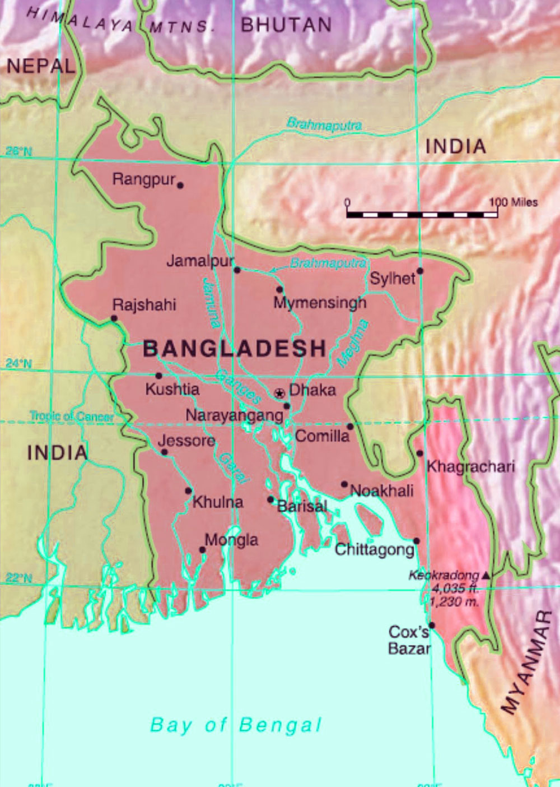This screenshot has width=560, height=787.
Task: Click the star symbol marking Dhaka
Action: (x=279, y=393)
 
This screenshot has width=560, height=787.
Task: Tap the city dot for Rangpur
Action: (x=180, y=184)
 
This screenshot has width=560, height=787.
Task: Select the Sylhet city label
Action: (x=393, y=278)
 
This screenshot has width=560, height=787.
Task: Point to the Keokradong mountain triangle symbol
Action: (x=486, y=575)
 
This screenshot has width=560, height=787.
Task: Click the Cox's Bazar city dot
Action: (x=431, y=626)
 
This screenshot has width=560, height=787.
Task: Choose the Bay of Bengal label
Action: (x=236, y=725)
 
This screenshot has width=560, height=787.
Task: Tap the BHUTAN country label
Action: (x=286, y=25)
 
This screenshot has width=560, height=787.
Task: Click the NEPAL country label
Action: (x=41, y=66)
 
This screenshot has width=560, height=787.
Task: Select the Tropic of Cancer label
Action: (x=72, y=416)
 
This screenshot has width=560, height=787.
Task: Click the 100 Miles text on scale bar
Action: (x=514, y=202)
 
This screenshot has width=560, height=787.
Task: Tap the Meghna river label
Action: (x=353, y=342)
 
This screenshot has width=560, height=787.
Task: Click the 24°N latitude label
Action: (x=19, y=364)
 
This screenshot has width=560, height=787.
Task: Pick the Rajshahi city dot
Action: (x=114, y=318)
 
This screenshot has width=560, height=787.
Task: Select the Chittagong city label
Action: (x=374, y=549)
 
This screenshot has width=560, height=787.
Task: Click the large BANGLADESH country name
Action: (x=235, y=349)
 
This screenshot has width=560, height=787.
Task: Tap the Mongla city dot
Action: (x=203, y=550)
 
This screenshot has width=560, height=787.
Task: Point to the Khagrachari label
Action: (x=470, y=466)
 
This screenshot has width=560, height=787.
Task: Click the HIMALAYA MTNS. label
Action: (x=120, y=21)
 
